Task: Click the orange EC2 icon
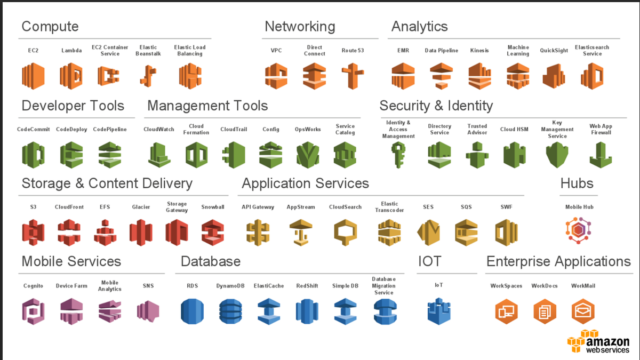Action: point(33,76)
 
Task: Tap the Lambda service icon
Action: point(71,76)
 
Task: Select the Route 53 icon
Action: point(353,76)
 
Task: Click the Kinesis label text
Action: point(479,51)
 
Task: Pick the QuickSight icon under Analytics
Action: point(554,76)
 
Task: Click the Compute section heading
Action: point(50,26)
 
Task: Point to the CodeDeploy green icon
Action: point(71,155)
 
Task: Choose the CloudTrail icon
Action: point(234,155)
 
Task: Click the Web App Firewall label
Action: point(601,129)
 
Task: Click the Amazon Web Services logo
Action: point(598,341)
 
